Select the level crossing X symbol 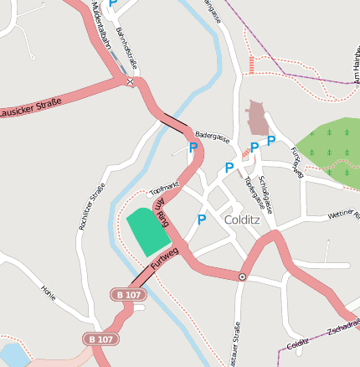click(x=129, y=81)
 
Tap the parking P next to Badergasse click(x=193, y=147)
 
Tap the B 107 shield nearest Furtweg click(x=128, y=295)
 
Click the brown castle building click(x=259, y=118)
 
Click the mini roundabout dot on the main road click(x=242, y=276)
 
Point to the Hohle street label click(x=49, y=292)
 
